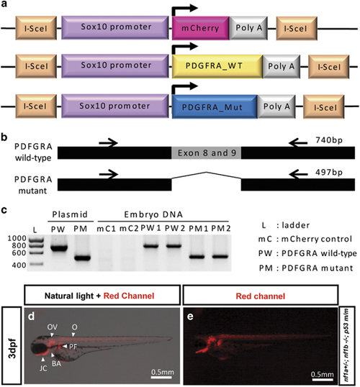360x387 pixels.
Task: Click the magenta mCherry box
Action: [201, 28]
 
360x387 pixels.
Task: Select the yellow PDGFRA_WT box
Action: [217, 66]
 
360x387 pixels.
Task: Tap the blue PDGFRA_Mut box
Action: [215, 106]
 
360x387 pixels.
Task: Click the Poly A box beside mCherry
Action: [248, 28]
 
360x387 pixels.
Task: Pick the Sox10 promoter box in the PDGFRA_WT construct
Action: [115, 65]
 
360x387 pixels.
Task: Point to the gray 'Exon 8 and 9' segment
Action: [207, 152]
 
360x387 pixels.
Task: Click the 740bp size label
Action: [329, 140]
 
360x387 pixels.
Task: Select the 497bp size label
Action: [329, 172]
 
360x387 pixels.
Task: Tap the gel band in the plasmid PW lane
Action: [59, 248]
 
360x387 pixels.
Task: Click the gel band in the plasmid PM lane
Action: [82, 258]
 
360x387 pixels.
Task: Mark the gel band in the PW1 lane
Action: [150, 246]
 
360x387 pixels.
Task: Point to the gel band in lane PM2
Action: [220, 257]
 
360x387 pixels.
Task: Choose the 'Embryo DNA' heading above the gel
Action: [153, 214]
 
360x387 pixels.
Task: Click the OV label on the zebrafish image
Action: [52, 327]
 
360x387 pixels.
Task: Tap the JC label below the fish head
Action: [43, 368]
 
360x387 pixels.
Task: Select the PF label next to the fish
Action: [73, 347]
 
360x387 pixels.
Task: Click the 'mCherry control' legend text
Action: [317, 239]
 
